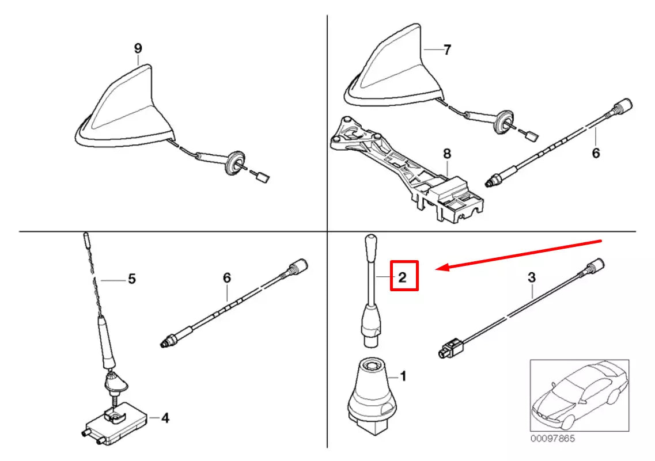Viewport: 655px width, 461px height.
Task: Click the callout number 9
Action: pos(138,49)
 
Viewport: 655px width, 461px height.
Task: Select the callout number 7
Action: pos(447,50)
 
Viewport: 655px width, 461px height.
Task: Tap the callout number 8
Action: pos(447,154)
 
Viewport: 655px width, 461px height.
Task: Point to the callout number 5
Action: pos(131,280)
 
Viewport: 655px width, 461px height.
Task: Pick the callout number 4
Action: pos(165,418)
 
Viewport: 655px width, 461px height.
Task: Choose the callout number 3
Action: pos(531,277)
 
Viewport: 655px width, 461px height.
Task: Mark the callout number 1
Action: pos(403,377)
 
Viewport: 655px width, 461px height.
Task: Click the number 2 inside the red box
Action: pos(403,277)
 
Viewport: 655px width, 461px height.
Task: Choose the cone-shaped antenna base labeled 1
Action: pos(372,391)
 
